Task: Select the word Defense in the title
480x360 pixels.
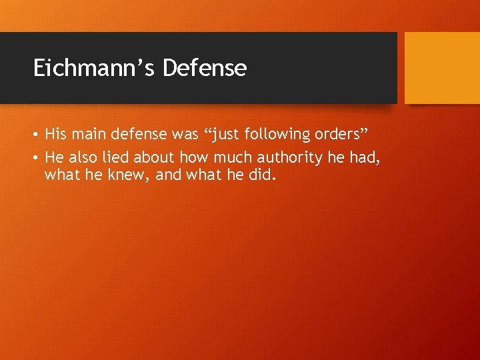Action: [204, 67]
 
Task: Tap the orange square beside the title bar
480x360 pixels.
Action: [442, 68]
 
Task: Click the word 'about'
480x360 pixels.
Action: [153, 157]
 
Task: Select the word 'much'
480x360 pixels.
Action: [228, 157]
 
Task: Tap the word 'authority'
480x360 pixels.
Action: [285, 157]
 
